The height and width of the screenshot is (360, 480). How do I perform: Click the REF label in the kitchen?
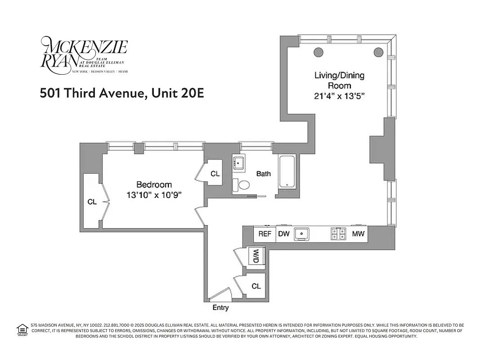[265, 234]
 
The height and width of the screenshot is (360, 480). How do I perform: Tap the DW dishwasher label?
[283, 234]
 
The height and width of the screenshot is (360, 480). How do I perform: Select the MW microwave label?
[358, 234]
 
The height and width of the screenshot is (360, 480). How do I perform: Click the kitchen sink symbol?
[301, 234]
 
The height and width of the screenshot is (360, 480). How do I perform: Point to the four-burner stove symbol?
[338, 234]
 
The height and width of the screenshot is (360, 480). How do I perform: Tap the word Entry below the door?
[220, 308]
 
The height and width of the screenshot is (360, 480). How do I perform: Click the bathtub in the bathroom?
[287, 172]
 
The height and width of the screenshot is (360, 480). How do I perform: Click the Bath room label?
[264, 174]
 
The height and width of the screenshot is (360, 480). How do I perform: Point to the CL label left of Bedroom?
[92, 202]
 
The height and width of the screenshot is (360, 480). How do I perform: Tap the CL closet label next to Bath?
[215, 174]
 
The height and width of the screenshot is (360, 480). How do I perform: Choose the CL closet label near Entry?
[256, 286]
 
